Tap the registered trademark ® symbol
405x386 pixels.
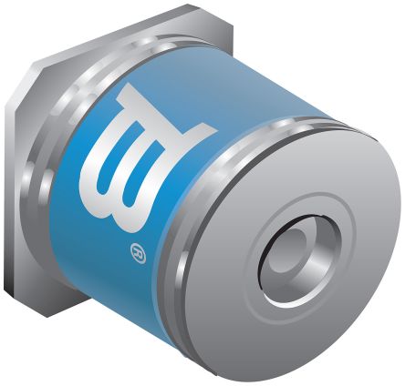click(138, 253)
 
